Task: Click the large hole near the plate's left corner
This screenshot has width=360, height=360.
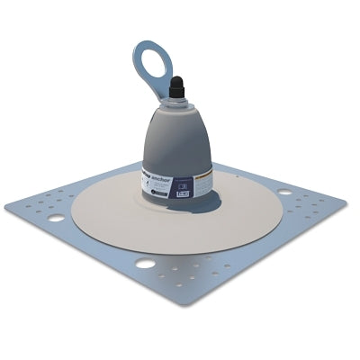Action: (57, 218)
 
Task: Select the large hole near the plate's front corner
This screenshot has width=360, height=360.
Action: (143, 264)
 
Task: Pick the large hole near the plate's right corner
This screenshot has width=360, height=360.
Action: (284, 192)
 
